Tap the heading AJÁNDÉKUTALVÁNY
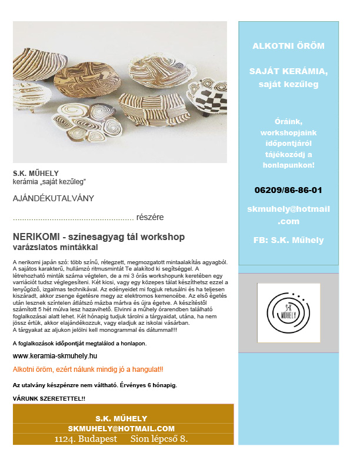pos(53,199)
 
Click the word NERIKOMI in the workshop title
pos(36,237)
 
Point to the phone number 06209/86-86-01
pos(288,190)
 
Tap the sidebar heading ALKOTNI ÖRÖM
pos(288,45)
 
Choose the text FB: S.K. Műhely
pos(288,240)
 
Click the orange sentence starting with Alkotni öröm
pos(88,370)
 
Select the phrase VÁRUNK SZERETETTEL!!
pos(49,399)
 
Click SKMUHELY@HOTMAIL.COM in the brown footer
pos(121,428)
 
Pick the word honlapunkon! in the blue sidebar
pos(288,165)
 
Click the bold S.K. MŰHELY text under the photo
pos(36,174)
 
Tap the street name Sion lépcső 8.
pos(159,439)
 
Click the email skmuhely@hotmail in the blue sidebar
pos(288,209)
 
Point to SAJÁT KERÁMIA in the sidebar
pos(288,71)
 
